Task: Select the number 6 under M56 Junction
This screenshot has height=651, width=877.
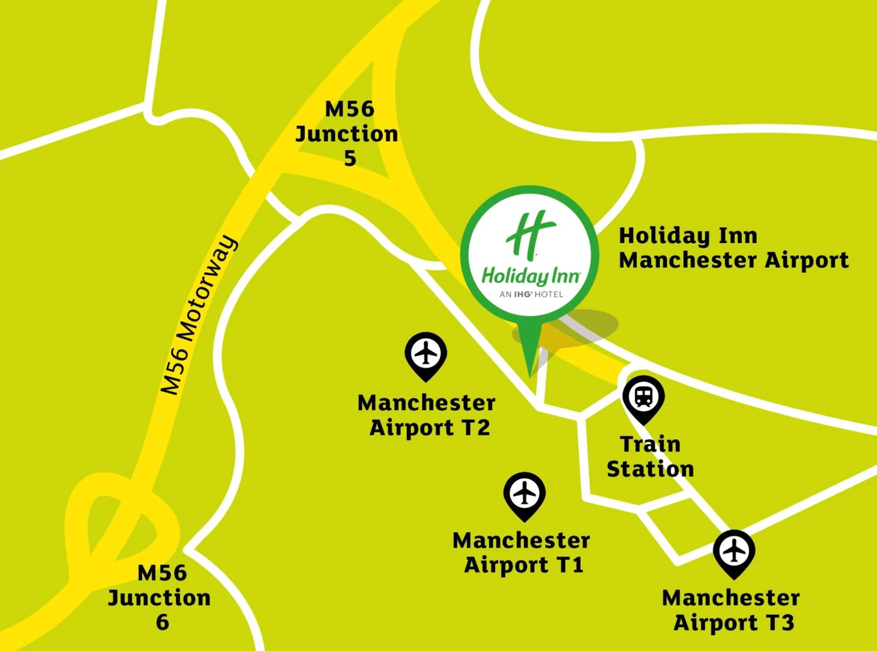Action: tap(163, 622)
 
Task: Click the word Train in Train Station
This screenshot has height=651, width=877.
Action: tap(650, 444)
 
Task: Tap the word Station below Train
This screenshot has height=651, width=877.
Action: tap(650, 469)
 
